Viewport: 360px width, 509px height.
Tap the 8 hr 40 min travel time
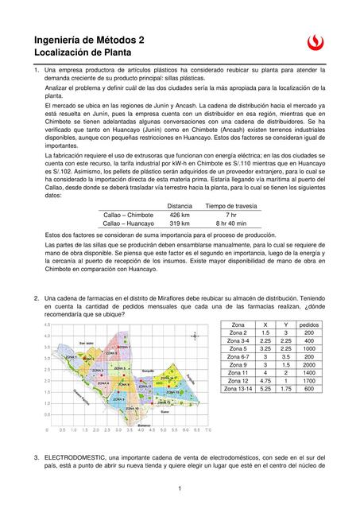[230, 224]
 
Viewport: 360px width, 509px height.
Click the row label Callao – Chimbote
[129, 215]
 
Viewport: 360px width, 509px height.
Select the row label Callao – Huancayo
[129, 224]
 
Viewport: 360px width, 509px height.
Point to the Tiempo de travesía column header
[230, 205]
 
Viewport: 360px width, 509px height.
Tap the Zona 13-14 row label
[238, 389]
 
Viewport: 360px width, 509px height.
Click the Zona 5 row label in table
[238, 348]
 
